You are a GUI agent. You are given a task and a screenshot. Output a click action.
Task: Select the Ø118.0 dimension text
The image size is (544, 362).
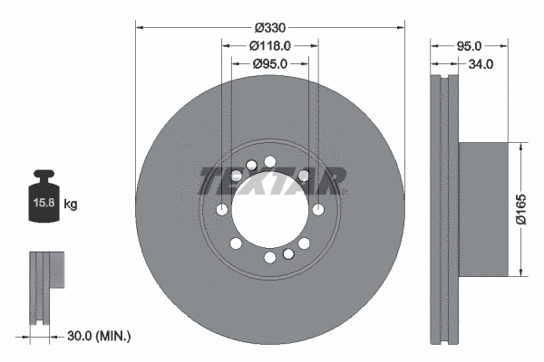coord(269,44)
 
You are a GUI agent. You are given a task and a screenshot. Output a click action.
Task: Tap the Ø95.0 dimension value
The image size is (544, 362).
coord(269,63)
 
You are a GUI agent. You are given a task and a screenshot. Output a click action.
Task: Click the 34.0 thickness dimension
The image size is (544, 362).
coord(480,64)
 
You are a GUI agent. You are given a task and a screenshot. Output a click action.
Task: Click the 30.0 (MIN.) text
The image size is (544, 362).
coord(100,336)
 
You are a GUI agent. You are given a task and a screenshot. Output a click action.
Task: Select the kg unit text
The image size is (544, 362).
coord(72,205)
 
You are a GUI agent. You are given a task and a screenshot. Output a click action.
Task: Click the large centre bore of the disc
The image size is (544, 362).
coord(269,209)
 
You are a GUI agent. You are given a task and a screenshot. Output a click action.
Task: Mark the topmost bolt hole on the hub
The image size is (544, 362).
coord(270,162)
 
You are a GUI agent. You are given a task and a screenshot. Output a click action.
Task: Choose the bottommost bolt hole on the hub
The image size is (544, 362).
coord(270,258)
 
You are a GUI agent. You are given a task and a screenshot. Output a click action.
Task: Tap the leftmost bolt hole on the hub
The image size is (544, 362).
coord(222,209)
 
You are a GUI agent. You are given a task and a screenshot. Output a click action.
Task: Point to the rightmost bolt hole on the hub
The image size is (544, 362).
coord(317,209)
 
